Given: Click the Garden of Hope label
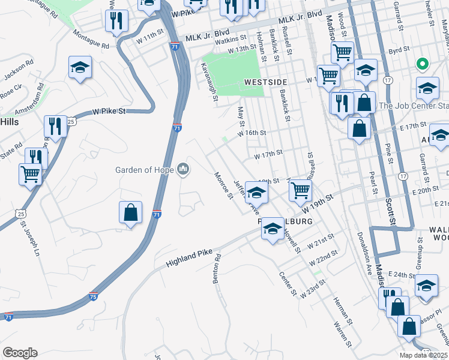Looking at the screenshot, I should tap(145, 169).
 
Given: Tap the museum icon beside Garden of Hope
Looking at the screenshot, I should tap(183, 170).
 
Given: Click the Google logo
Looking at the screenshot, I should tap(20, 353).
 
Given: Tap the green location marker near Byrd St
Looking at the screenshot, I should tap(423, 63).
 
